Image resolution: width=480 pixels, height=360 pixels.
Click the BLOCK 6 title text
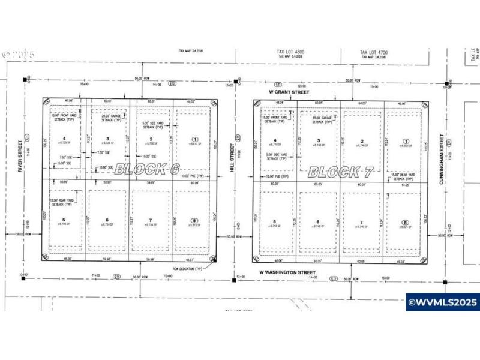click(x=146, y=169)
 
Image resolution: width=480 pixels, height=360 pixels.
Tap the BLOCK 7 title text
click(x=341, y=172)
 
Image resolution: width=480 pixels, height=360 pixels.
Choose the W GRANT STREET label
click(x=289, y=92)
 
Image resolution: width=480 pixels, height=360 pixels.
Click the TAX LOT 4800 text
click(x=292, y=53)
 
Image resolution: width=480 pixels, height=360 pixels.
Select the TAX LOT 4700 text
click(x=374, y=53)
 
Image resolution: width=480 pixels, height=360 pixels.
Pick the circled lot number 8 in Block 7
click(x=405, y=223)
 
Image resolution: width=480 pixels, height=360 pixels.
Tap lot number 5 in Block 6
click(x=63, y=219)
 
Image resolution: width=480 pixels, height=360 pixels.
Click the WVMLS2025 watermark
click(x=443, y=302)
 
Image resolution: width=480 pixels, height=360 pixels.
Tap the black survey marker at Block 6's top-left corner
click(x=25, y=79)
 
